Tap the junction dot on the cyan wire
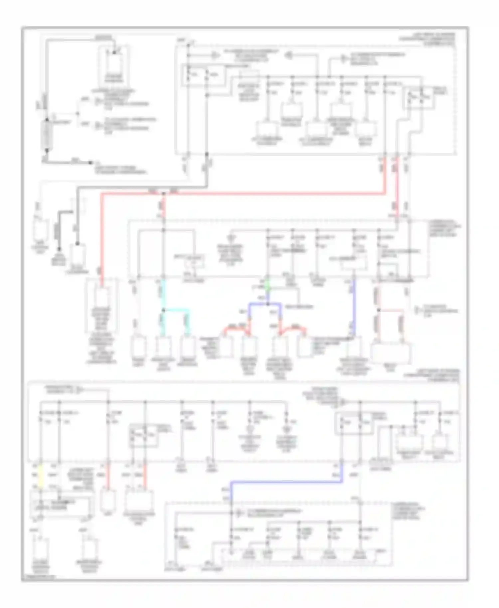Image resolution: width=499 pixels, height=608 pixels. point(163,310)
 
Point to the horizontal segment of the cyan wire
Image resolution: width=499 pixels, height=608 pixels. point(176,310)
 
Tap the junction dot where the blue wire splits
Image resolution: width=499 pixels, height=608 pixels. point(268,304)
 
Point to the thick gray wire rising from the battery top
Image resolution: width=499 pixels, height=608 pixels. point(46,80)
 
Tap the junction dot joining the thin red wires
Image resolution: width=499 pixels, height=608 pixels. point(378,310)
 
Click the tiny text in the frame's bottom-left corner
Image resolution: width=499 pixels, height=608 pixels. point(38,577)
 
